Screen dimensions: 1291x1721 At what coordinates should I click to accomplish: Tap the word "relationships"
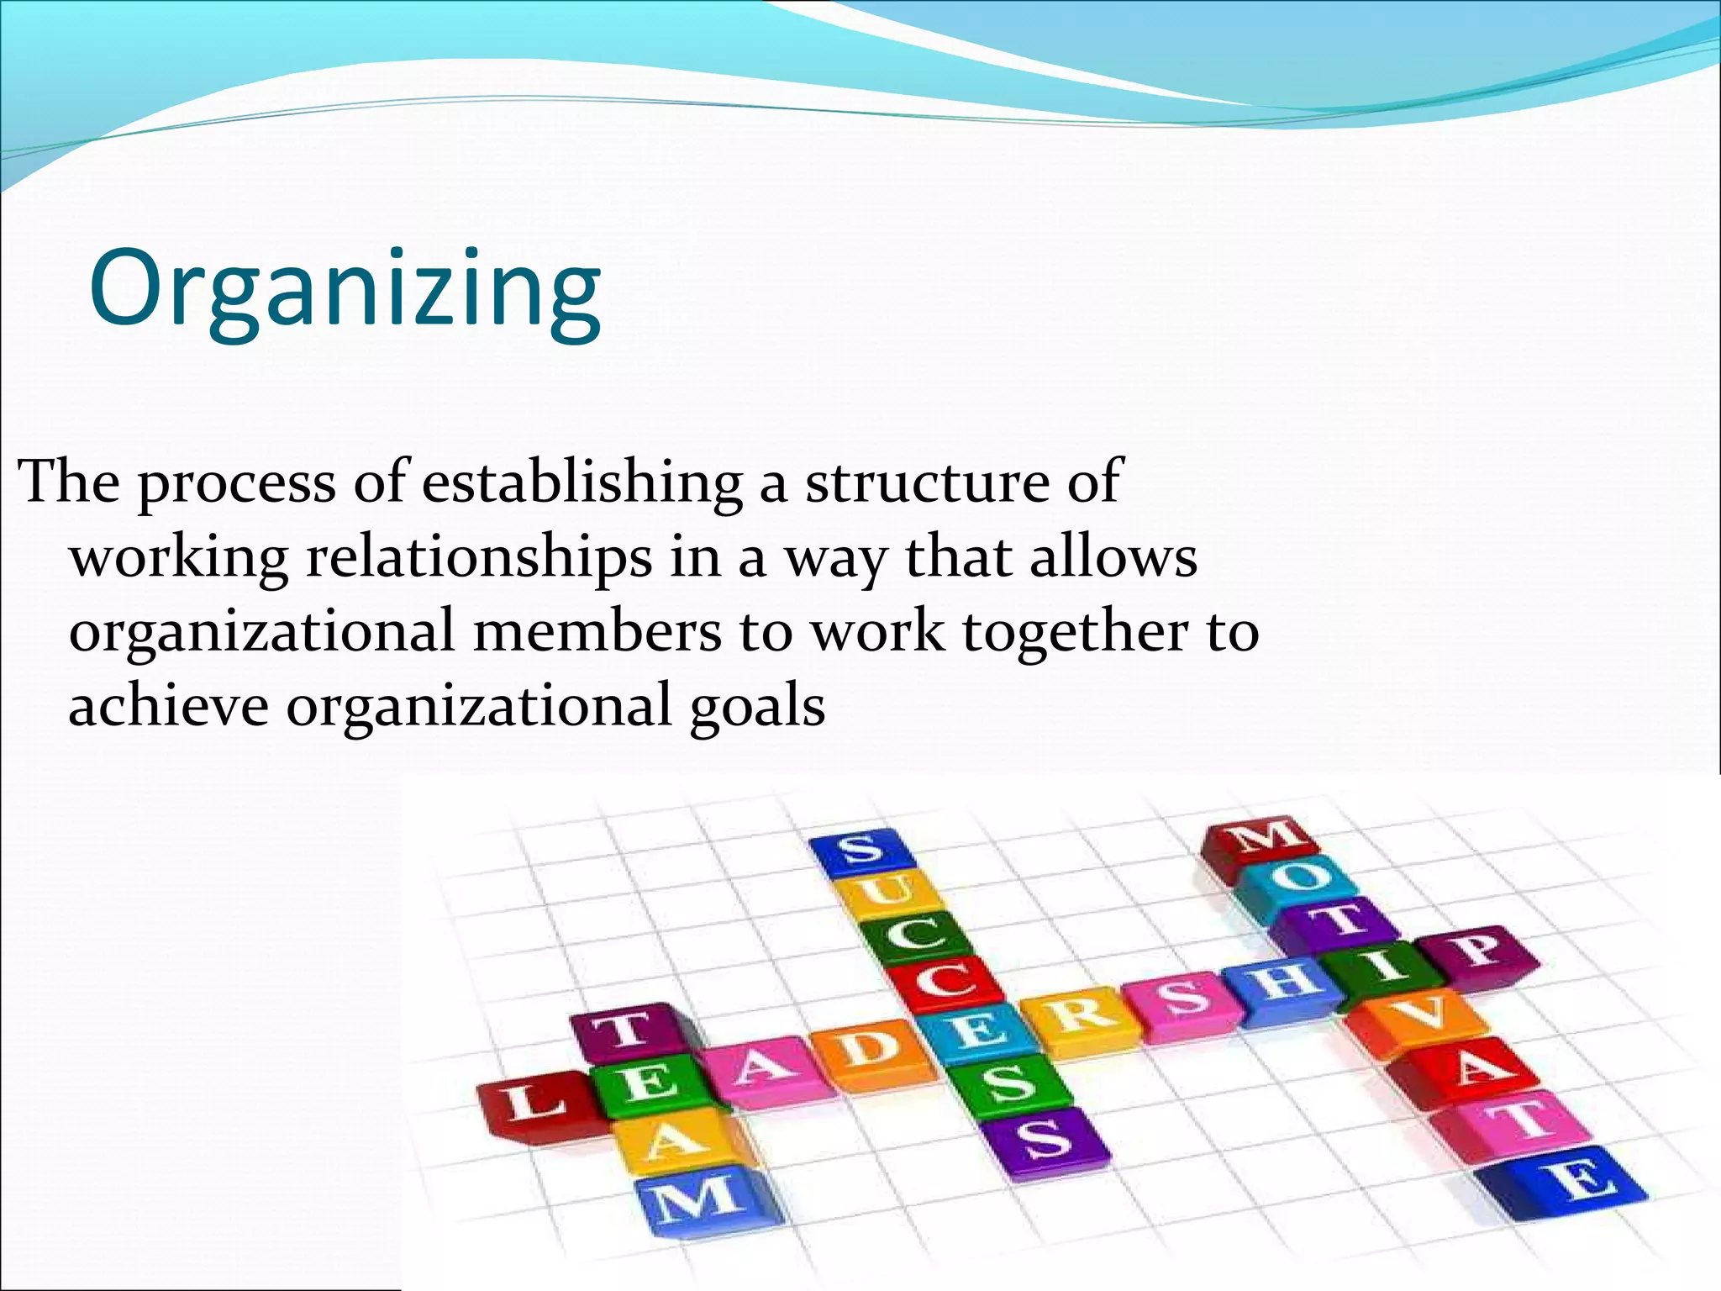[478, 557]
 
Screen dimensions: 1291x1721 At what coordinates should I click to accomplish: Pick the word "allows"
[1113, 557]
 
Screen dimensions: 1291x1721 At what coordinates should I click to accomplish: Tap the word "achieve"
[168, 705]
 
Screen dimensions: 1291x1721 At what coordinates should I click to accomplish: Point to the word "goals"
[757, 705]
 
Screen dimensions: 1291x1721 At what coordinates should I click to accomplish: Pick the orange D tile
[868, 1051]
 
